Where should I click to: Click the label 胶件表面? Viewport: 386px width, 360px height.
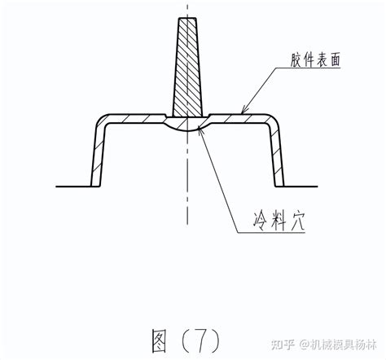[315, 60]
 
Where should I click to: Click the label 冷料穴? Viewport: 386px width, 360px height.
[279, 222]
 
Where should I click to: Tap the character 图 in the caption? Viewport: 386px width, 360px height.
[159, 340]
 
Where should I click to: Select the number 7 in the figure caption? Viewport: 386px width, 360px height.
[201, 340]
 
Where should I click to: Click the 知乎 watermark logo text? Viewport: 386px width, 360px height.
[283, 345]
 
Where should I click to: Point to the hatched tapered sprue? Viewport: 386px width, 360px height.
[187, 68]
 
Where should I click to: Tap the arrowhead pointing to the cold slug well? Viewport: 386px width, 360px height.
[200, 130]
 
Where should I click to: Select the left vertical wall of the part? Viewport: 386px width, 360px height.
[97, 155]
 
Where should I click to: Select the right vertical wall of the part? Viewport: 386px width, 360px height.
[277, 155]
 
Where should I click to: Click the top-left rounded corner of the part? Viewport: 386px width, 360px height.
[101, 119]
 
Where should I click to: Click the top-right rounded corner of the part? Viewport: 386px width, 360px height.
[273, 119]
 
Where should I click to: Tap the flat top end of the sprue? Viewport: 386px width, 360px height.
[187, 18]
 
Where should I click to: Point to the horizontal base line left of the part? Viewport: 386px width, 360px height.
[73, 187]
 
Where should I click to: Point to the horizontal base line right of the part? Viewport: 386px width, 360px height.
[300, 187]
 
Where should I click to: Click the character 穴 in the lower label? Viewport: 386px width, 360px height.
[297, 222]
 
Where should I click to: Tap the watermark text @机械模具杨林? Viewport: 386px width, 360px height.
[338, 345]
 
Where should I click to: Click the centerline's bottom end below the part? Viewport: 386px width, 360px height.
[187, 225]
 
